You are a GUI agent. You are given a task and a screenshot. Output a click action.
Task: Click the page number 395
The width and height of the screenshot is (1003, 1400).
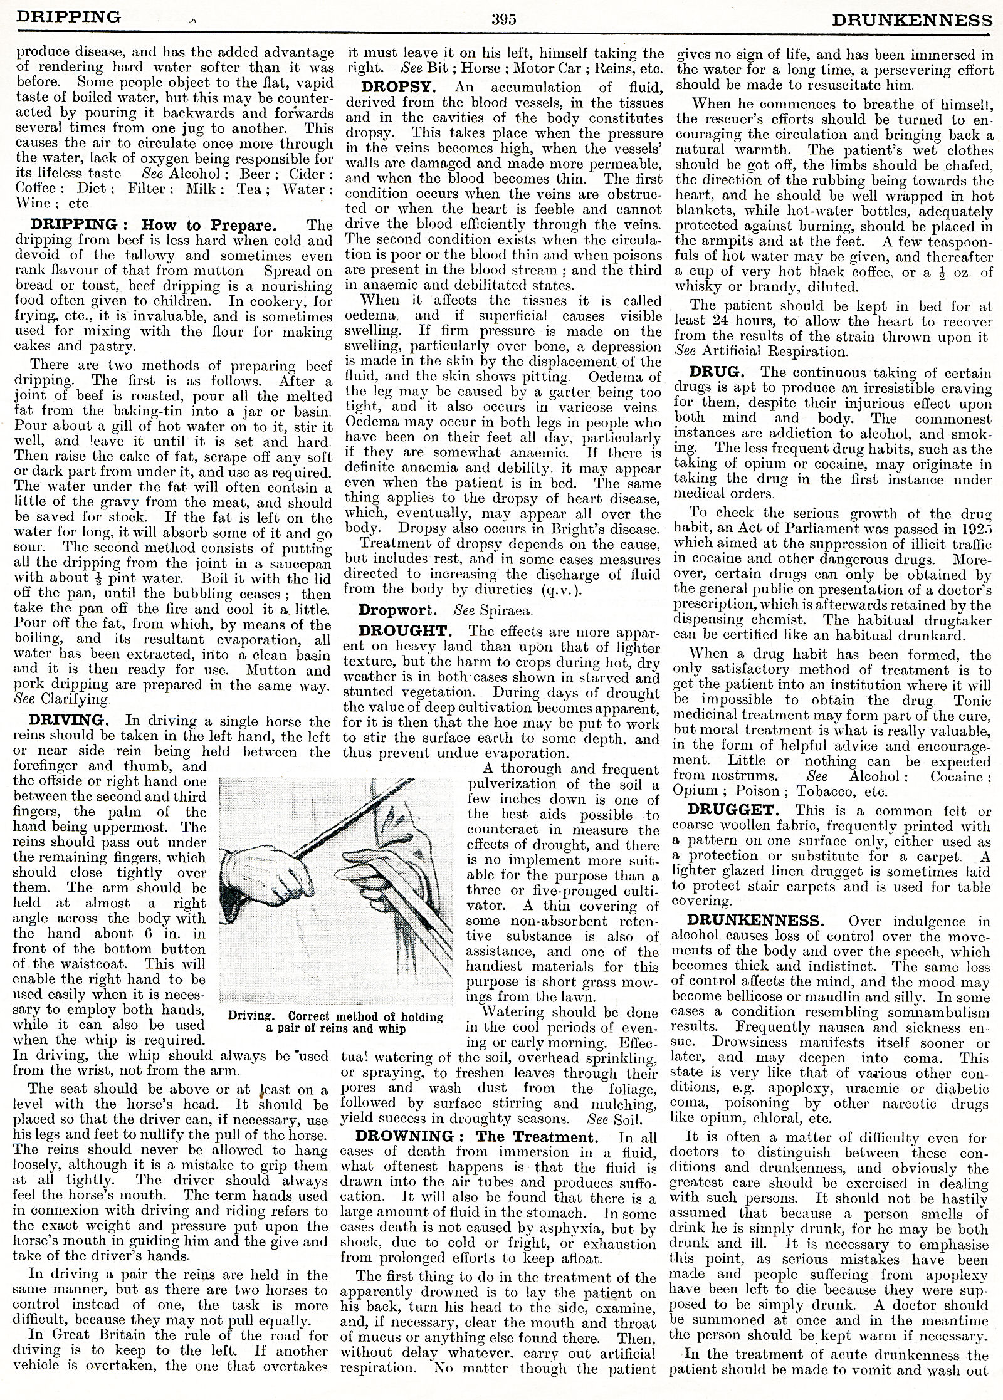[503, 19]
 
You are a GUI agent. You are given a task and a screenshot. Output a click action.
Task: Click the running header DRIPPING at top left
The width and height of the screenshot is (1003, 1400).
[69, 17]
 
